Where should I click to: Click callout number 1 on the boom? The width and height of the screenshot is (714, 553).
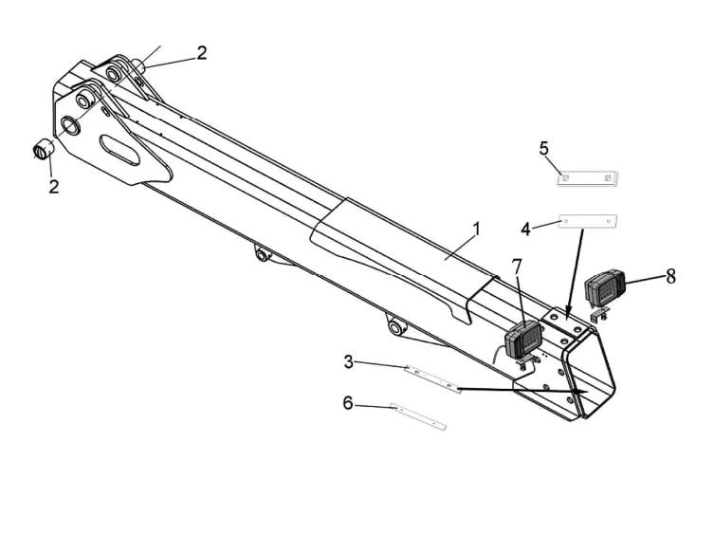477,229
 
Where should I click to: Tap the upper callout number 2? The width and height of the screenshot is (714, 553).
202,53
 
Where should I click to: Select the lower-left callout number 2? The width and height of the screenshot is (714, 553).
54,186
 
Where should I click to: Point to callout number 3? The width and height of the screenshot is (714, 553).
349,361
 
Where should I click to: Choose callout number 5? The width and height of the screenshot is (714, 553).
543,148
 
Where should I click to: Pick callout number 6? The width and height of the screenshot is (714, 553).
348,403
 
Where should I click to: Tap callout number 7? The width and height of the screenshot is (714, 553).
517,267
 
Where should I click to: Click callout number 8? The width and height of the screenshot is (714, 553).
670,276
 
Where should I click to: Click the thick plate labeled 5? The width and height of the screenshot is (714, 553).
587,177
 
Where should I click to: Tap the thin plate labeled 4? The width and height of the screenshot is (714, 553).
589,221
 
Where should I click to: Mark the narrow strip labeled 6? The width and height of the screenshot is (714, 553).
418,415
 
